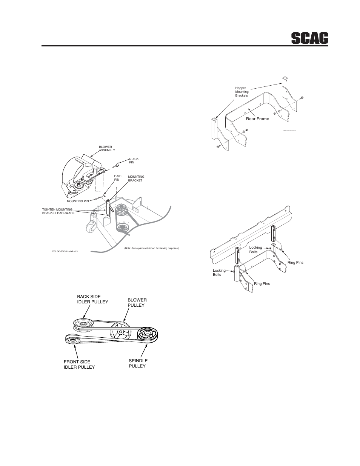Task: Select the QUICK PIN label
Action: coord(134,161)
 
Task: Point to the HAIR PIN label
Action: coord(117,177)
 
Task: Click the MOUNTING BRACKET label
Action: coord(136,178)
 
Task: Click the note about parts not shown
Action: coord(151,248)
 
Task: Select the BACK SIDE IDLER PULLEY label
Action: coord(92,299)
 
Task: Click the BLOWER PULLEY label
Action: coord(137,302)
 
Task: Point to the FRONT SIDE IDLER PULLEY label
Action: coord(79,364)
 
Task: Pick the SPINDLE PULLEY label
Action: coord(138,363)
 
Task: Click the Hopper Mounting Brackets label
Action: coord(242,92)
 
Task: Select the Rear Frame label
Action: coord(257,119)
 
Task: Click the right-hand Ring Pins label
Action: coord(295,262)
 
